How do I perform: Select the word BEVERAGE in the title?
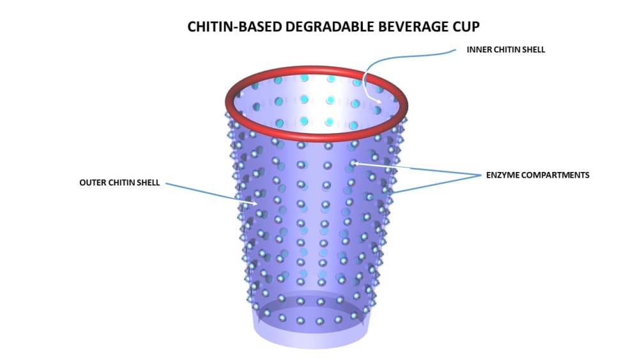click(389, 27)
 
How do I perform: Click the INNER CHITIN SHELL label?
click(505, 50)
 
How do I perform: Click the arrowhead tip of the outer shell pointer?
click(258, 205)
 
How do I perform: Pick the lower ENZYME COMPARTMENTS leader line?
click(435, 184)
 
